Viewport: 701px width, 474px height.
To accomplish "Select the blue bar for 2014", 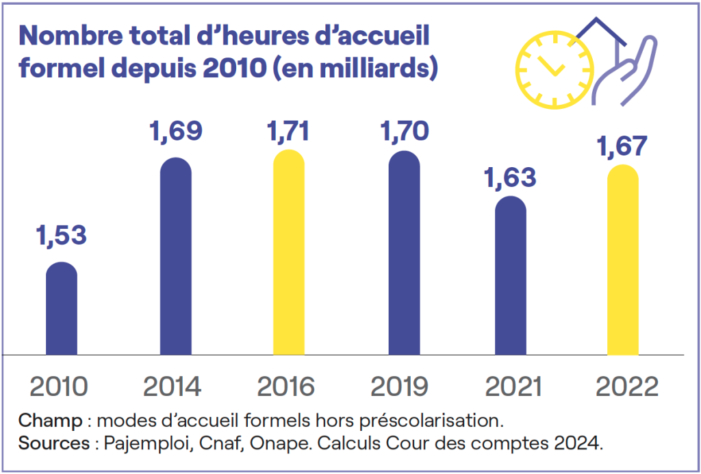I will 176,257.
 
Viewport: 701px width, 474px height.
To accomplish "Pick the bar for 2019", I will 404,253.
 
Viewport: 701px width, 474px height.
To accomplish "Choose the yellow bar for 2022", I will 623,260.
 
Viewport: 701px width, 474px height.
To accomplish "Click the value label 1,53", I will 61,235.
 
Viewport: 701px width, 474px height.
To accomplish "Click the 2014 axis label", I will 173,387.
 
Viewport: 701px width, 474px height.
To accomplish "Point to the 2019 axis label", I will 400,387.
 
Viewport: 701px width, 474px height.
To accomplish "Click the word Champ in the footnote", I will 44,419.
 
